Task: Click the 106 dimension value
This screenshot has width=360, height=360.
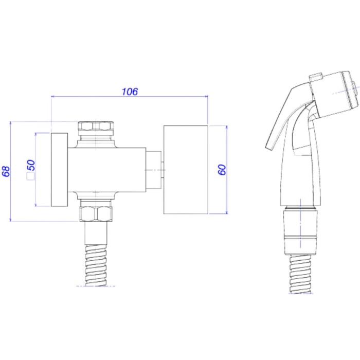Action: click(x=130, y=92)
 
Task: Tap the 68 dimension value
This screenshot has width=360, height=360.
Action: click(x=6, y=171)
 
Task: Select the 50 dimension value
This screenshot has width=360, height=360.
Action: click(x=31, y=165)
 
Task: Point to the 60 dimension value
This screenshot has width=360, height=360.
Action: click(x=222, y=170)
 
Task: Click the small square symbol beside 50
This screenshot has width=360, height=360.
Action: click(x=30, y=176)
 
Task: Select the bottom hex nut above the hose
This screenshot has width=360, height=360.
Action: click(x=96, y=214)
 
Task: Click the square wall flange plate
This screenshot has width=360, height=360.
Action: click(x=59, y=170)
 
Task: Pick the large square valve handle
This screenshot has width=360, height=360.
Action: click(x=186, y=170)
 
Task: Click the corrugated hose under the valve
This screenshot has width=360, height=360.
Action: click(x=96, y=265)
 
